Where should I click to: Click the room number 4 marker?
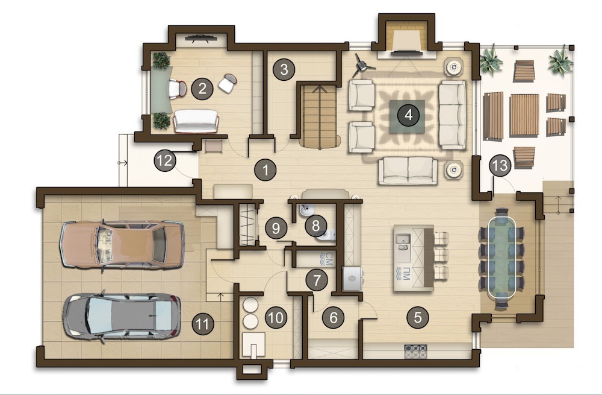tap(408, 115)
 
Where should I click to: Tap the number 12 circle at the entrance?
tap(165, 160)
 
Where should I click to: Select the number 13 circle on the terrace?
tap(500, 166)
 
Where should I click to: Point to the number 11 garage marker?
tap(203, 324)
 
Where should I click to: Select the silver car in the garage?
tap(122, 316)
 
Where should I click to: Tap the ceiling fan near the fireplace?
tap(362, 65)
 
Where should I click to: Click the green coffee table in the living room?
tap(408, 116)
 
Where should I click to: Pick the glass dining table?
tap(501, 258)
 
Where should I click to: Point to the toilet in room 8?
tap(326, 235)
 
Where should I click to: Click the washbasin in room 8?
tap(306, 209)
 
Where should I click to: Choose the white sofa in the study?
tap(196, 121)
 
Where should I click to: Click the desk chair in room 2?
tap(177, 89)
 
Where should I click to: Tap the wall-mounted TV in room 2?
tap(201, 38)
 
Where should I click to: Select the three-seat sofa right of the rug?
tap(452, 115)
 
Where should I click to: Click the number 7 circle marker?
tap(317, 280)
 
